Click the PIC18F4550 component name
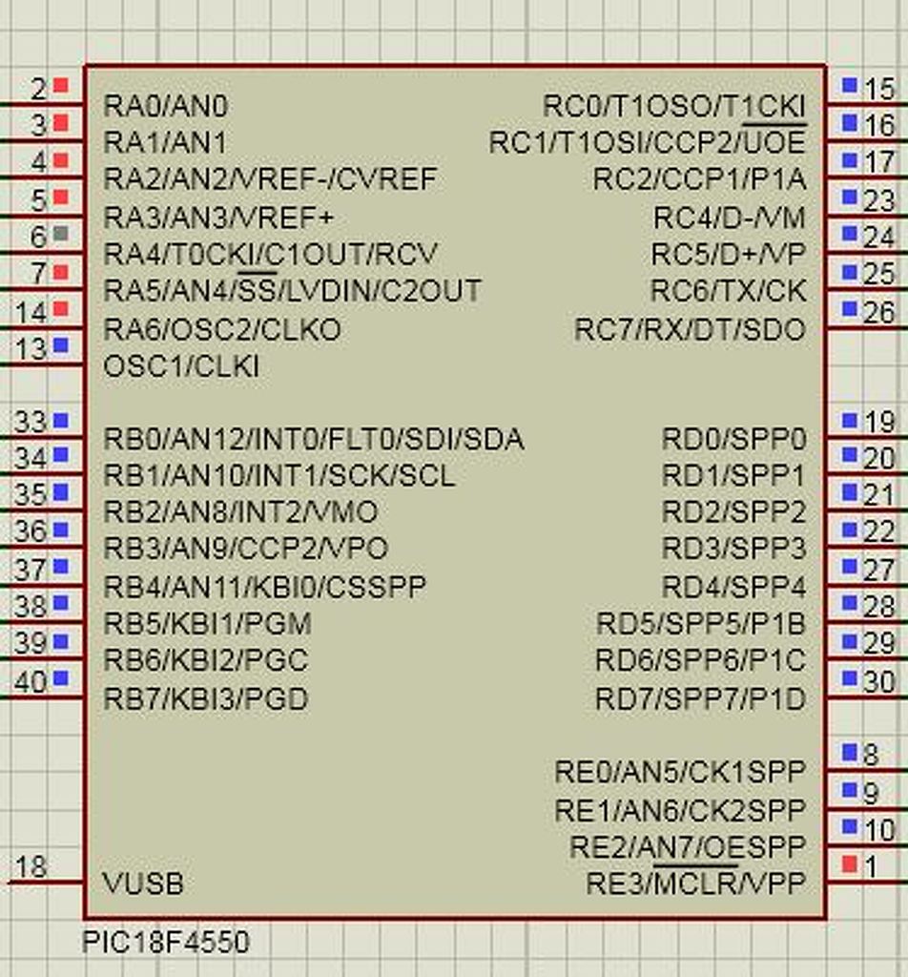click(x=166, y=943)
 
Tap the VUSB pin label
click(x=143, y=883)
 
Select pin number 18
click(x=31, y=866)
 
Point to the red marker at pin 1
click(x=850, y=864)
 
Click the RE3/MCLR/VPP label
click(x=695, y=883)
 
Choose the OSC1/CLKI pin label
click(x=181, y=366)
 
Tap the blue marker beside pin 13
click(x=61, y=345)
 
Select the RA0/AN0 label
click(x=165, y=105)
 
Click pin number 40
click(x=31, y=682)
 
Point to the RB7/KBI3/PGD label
click(x=205, y=699)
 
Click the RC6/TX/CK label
click(x=728, y=291)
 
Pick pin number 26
click(x=878, y=312)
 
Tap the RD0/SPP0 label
click(x=733, y=439)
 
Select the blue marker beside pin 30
click(x=850, y=678)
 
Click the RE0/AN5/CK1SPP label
click(x=679, y=771)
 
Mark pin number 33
click(x=31, y=422)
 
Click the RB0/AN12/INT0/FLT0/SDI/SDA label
click(x=313, y=439)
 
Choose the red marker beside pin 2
click(x=61, y=86)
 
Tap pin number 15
click(x=878, y=89)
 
